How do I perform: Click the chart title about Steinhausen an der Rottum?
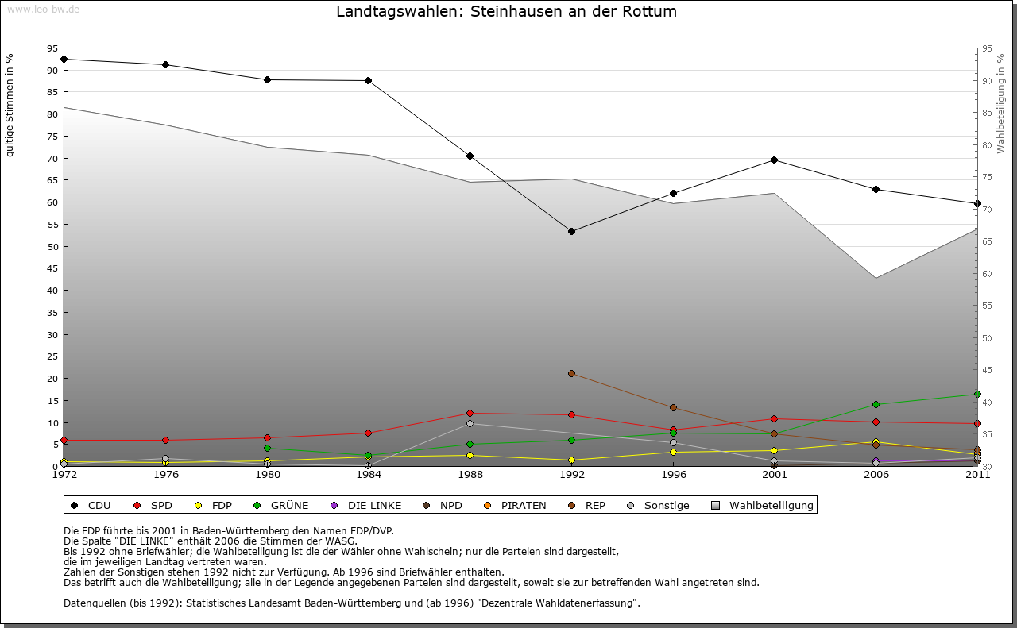click(x=506, y=12)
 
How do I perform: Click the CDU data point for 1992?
click(x=571, y=231)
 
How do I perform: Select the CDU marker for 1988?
click(x=470, y=156)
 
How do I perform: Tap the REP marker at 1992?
click(x=571, y=373)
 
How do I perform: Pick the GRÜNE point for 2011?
click(x=977, y=394)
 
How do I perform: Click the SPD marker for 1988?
click(x=470, y=413)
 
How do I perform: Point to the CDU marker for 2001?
click(x=774, y=160)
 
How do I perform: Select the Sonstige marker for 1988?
click(x=470, y=423)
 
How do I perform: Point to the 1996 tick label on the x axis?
click(x=673, y=475)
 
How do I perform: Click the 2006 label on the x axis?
click(x=876, y=475)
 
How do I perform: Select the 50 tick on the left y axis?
click(x=52, y=246)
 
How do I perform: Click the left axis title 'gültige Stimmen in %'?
click(x=10, y=106)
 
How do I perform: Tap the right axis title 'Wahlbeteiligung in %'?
click(x=1001, y=103)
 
